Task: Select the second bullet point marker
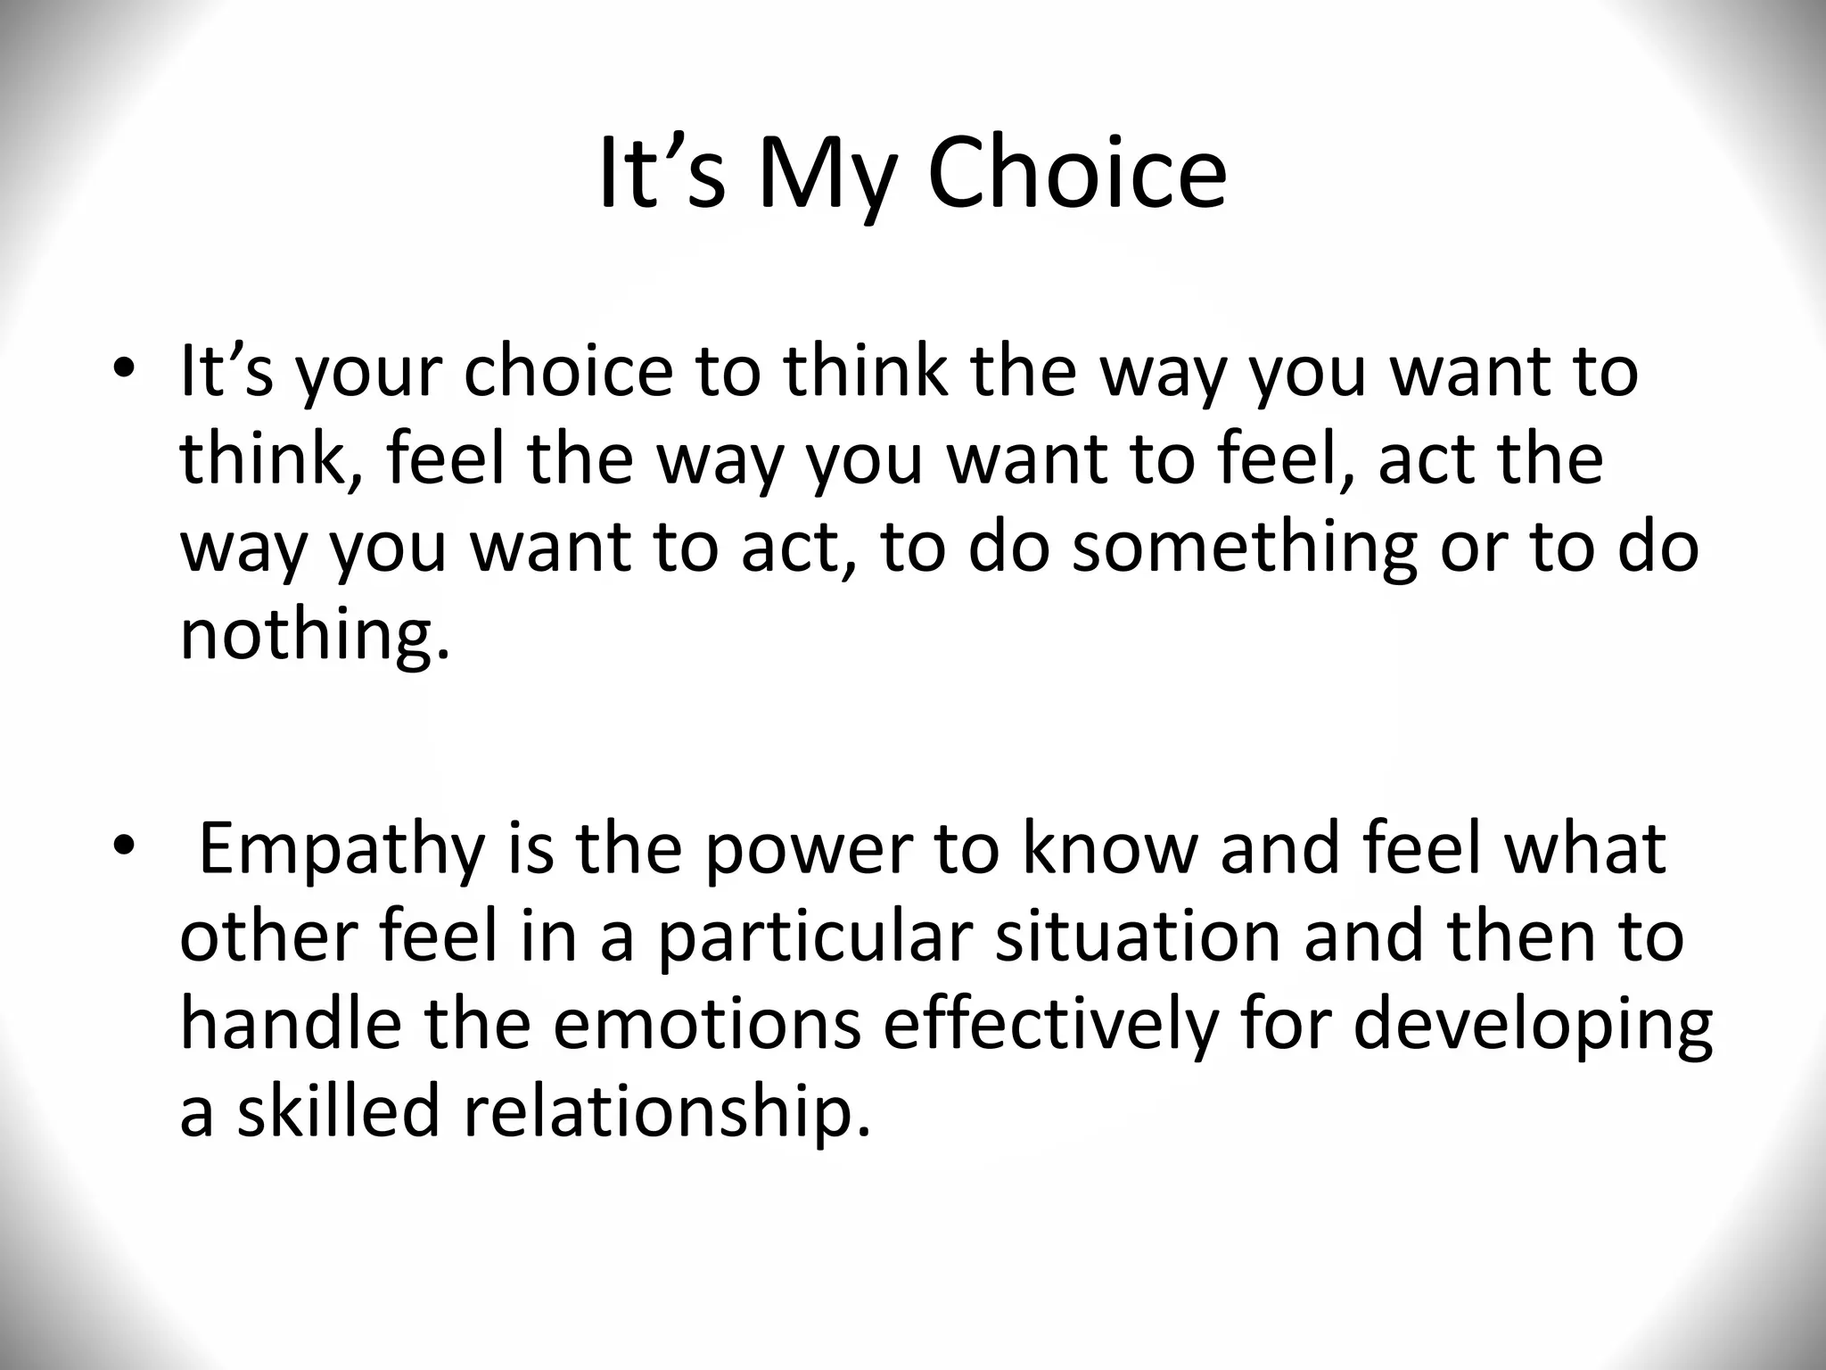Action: (123, 844)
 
